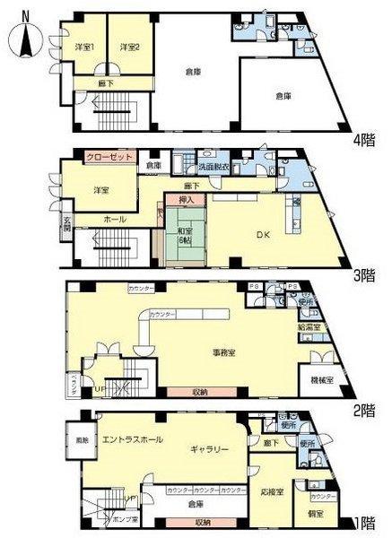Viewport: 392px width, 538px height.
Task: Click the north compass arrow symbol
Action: click(x=24, y=39)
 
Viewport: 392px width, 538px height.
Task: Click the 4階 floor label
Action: click(x=363, y=138)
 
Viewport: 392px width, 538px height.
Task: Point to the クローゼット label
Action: click(x=110, y=156)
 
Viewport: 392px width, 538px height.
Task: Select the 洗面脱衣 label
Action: click(x=213, y=167)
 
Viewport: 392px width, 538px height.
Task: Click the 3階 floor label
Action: click(x=363, y=275)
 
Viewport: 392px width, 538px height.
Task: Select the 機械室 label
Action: click(x=321, y=380)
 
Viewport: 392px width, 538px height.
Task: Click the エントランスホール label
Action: click(x=133, y=439)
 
